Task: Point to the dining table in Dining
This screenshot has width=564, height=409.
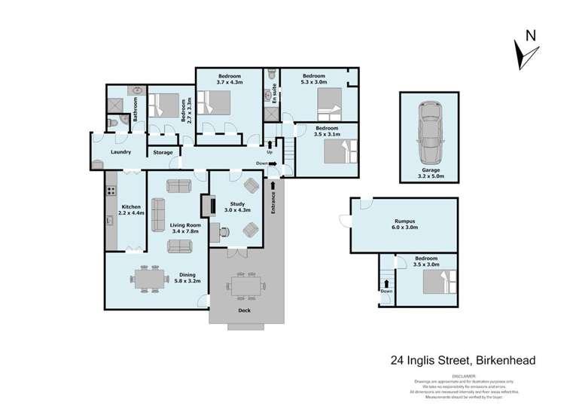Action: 148,277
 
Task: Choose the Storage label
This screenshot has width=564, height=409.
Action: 163,153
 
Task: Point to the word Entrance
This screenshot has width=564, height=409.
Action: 273,206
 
